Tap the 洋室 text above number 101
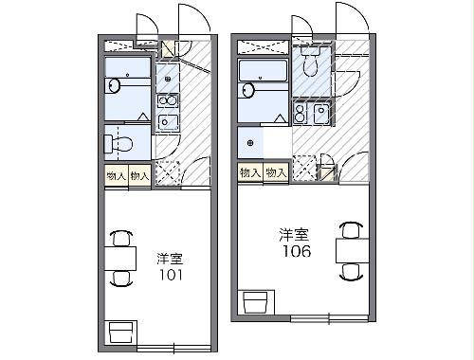coord(170,257)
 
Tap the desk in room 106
coord(349,250)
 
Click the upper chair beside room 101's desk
coord(120,237)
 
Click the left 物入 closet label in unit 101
coord(116,175)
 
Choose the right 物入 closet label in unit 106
coord(276,172)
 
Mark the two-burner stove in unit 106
coord(302,115)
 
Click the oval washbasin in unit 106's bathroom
coord(249,91)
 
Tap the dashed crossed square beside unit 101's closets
coord(167,173)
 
